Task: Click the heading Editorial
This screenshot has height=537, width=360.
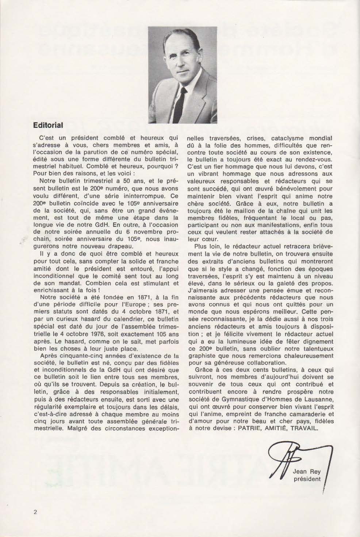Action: [48, 125]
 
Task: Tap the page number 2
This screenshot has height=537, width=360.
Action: [35, 511]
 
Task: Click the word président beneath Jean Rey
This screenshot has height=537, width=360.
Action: [307, 479]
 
